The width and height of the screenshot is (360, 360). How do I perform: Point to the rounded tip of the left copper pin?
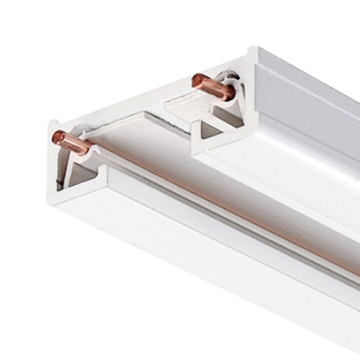click(55, 136)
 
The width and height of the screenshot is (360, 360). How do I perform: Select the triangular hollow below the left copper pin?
click(83, 173)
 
